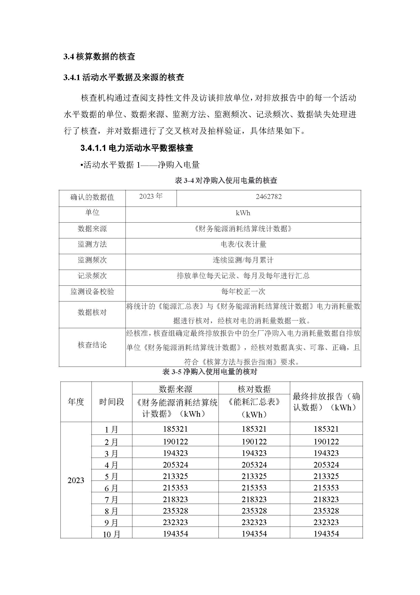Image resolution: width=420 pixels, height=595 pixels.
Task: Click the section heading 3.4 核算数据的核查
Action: [x=99, y=56]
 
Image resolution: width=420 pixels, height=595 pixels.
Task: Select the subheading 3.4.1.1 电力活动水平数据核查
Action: [x=137, y=148]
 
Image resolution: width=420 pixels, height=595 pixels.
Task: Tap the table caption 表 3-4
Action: [x=226, y=180]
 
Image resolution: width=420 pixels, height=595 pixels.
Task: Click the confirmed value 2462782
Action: [x=269, y=197]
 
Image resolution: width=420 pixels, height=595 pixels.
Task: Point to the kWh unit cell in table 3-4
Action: [x=243, y=213]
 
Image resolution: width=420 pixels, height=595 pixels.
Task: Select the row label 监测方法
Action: [x=92, y=244]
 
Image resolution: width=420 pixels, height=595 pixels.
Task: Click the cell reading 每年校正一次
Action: [x=243, y=292]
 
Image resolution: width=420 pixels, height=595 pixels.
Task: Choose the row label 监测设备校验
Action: [x=92, y=292]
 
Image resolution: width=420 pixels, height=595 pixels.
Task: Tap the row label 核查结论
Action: [x=92, y=345]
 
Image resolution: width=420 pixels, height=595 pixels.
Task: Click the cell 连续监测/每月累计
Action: [x=243, y=260]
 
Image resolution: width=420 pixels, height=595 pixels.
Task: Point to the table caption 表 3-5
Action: [x=210, y=372]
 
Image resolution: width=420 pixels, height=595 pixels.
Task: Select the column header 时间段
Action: [x=112, y=402]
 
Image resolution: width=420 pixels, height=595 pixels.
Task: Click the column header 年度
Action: [x=76, y=402]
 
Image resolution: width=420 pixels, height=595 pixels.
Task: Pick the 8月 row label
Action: [x=112, y=511]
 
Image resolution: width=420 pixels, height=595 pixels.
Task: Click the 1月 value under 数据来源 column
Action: [x=175, y=429]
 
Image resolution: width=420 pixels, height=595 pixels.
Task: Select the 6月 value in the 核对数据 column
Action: [x=254, y=488]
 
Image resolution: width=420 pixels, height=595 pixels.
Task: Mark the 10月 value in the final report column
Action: [x=326, y=534]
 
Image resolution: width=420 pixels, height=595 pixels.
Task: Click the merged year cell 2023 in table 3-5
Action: [x=76, y=481]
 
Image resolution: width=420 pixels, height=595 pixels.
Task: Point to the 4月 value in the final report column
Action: [x=326, y=465]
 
